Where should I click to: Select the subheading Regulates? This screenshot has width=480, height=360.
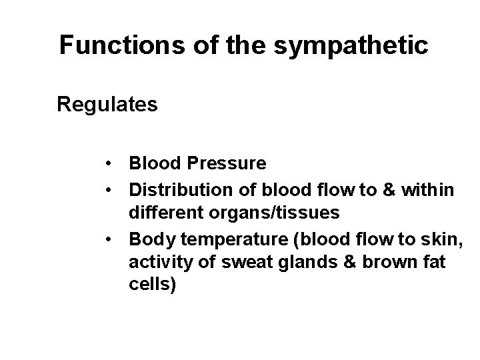pyautogui.click(x=107, y=105)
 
